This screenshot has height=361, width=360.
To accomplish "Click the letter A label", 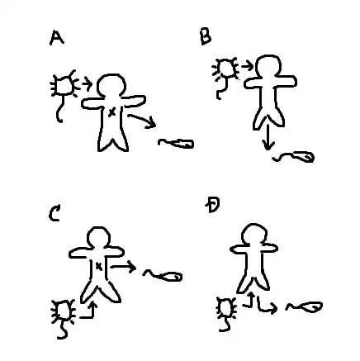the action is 57,38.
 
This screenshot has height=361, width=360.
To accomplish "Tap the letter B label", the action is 206,37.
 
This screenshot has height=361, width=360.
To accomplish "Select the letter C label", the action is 54,213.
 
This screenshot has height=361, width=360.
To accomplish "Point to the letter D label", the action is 212,205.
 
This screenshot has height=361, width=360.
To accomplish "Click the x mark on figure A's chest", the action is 111,112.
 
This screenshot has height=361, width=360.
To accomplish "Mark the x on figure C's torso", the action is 98,266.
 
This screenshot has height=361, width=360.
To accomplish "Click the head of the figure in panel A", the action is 111,85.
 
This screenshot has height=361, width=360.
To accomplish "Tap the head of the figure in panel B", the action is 268,67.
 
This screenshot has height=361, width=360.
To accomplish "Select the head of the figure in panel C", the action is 98,237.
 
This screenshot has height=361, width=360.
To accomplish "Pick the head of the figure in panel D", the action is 253,234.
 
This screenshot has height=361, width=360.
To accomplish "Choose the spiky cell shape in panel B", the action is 225,69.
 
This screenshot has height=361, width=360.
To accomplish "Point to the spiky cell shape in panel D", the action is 227,307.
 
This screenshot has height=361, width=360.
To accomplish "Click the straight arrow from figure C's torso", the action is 123,267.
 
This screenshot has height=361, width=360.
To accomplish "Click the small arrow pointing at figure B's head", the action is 247,66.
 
